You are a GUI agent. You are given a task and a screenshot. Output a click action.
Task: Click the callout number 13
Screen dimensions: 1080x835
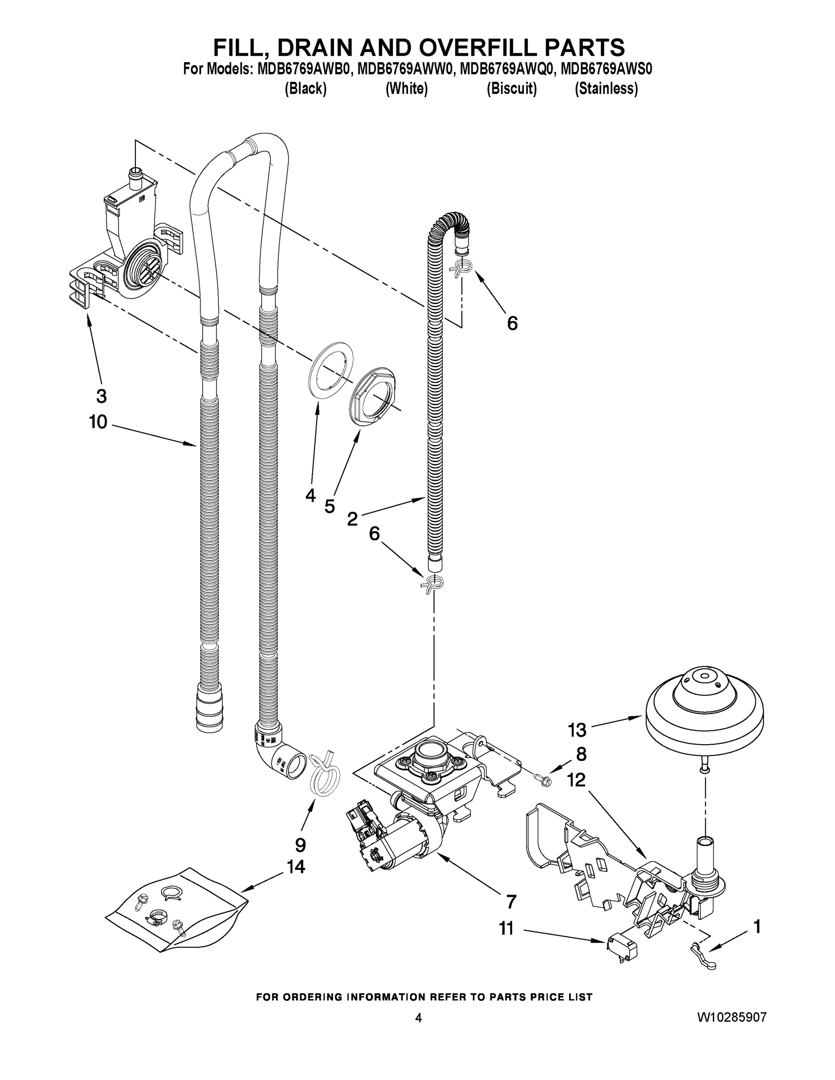point(577,729)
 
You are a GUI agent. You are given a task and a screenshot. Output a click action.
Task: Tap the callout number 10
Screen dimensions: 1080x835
point(98,422)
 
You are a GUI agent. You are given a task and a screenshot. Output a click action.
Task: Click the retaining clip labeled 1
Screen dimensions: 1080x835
point(702,955)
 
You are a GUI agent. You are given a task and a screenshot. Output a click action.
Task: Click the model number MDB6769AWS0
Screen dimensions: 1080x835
point(606,69)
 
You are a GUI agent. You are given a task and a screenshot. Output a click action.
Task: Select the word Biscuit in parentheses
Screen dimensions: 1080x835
point(511,89)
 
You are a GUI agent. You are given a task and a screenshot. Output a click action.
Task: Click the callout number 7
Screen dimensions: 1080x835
point(511,901)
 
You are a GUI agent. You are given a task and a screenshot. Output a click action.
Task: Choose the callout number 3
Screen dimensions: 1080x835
point(101,396)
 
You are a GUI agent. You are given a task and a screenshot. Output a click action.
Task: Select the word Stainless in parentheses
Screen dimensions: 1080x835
point(606,89)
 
